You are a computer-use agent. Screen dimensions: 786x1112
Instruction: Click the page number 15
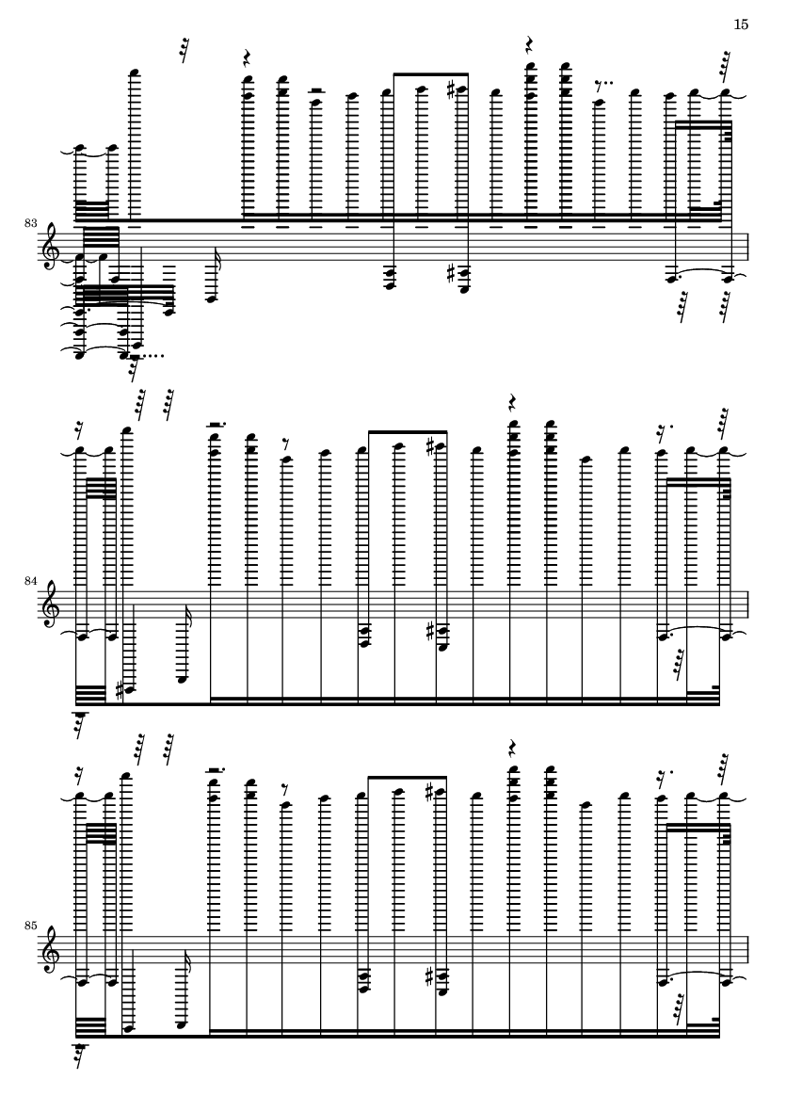[x=740, y=24]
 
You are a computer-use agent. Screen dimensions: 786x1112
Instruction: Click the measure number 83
[x=30, y=223]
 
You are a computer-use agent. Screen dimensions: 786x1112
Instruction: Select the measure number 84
[x=30, y=581]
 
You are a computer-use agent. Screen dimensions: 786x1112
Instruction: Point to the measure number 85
[x=30, y=926]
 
